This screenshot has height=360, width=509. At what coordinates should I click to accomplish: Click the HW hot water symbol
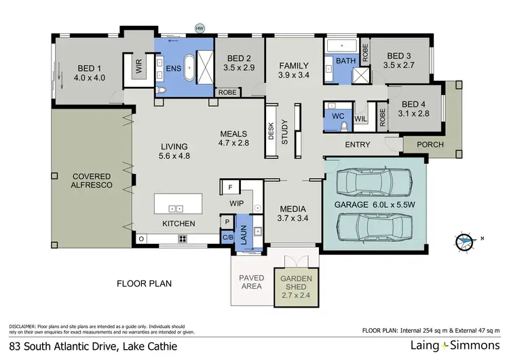pos(200,29)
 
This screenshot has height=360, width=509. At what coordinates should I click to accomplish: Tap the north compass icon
pos(465,239)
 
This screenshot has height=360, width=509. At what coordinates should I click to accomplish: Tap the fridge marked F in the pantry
pos(230,186)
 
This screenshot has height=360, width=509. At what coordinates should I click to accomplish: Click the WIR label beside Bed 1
pos(138,67)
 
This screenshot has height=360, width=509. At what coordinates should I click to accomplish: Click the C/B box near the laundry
pos(227,237)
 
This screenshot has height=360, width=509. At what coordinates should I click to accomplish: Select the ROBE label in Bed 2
pos(226,92)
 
